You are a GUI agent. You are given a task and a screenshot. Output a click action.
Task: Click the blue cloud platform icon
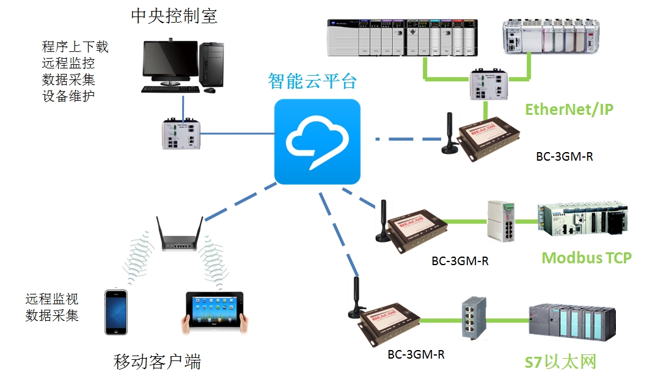tap(317, 141)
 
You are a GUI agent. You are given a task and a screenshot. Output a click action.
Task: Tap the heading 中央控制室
tap(174, 15)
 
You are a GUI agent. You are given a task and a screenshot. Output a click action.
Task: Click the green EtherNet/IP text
tap(569, 109)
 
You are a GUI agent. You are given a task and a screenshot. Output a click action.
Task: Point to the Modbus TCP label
tap(586, 257)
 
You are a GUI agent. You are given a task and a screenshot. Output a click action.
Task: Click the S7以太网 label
tap(560, 362)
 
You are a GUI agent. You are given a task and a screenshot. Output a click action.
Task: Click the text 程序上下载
tap(75, 46)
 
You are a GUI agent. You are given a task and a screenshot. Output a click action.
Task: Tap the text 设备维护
tap(68, 96)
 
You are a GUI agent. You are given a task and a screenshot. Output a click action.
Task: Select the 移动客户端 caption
tap(157, 362)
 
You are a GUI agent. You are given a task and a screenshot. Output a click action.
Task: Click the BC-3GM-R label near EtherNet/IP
tap(564, 156)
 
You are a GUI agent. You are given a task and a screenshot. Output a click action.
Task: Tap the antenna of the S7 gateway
tap(354, 298)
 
